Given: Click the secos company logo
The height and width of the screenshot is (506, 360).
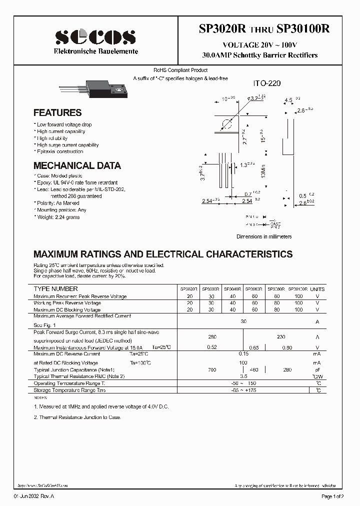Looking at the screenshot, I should pyautogui.click(x=95, y=37).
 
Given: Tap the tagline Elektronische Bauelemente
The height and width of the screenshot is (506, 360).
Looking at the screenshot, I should pyautogui.click(x=96, y=52).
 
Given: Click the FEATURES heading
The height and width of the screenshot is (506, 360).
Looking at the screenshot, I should pyautogui.click(x=57, y=113).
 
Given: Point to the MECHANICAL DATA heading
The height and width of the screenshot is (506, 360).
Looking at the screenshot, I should pyautogui.click(x=77, y=165).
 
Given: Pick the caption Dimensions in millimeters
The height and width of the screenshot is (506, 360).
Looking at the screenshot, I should pyautogui.click(x=263, y=236).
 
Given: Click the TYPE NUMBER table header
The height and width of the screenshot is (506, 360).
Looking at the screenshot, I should pyautogui.click(x=55, y=289).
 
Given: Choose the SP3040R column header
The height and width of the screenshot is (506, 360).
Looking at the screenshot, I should pyautogui.click(x=232, y=289).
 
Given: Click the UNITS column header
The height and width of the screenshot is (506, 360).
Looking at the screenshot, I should pyautogui.click(x=317, y=289).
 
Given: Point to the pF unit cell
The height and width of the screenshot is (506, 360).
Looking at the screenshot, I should pyautogui.click(x=317, y=369).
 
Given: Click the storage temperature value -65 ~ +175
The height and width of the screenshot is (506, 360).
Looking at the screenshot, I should pyautogui.click(x=244, y=390).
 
